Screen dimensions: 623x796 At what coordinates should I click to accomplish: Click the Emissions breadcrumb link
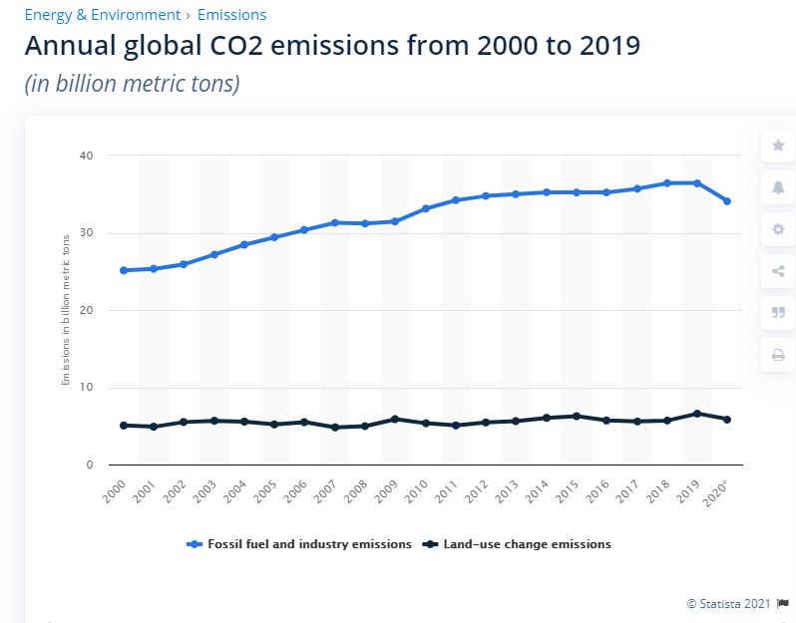coord(231,15)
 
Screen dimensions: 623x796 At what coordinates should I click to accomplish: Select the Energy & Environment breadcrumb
coord(102,15)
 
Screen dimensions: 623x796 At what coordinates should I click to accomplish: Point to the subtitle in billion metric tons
coord(132,84)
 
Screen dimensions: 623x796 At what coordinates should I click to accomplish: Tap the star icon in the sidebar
coord(777,146)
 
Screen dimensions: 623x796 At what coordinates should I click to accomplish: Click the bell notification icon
coord(777,187)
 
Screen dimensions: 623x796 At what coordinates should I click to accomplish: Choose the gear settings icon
coord(777,229)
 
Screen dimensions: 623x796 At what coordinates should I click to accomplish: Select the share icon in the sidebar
coord(777,271)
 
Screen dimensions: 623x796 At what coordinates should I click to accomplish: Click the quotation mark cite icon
coord(777,313)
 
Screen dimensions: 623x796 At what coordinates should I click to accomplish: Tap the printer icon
coord(777,355)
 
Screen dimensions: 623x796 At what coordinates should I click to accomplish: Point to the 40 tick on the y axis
coord(86,156)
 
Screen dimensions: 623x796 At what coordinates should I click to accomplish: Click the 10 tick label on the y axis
coord(86,388)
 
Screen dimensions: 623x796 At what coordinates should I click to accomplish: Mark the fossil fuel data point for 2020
coord(727,201)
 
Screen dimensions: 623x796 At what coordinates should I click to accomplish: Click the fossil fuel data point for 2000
coord(123,270)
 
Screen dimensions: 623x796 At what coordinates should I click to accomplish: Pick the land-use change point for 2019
coord(697,414)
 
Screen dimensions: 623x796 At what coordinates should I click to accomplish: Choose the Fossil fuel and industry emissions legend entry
coord(299,544)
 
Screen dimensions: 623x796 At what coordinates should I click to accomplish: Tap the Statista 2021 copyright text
coord(729,603)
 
